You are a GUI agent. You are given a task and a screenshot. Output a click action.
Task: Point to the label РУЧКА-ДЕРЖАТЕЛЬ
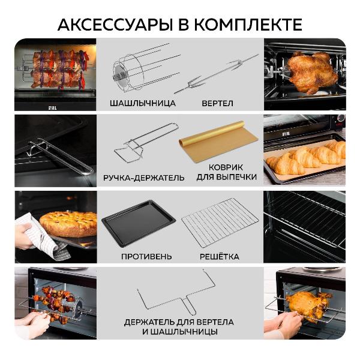144,178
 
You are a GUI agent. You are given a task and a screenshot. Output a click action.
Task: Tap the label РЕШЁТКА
220,257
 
